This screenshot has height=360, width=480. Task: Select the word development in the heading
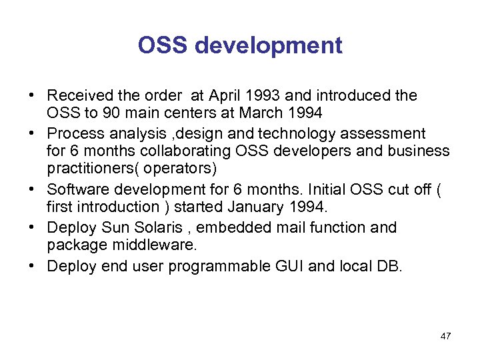pyautogui.click(x=269, y=47)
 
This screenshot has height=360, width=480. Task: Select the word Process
pyautogui.click(x=72, y=133)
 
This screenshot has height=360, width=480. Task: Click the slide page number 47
pyautogui.click(x=445, y=336)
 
